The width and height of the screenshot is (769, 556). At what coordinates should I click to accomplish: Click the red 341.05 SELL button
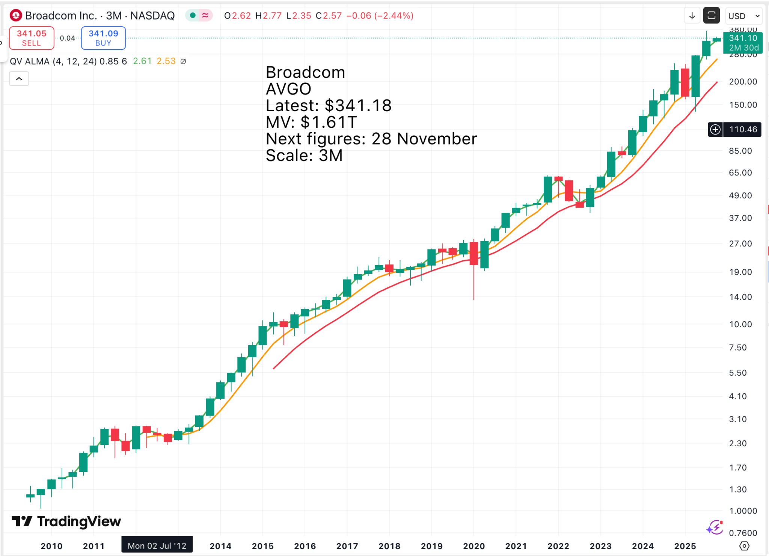[x=32, y=38]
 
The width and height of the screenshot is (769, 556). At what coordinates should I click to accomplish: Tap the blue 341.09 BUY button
[x=103, y=38]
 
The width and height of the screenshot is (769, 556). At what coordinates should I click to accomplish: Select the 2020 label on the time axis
[x=474, y=546]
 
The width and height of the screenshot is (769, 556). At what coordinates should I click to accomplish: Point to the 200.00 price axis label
[x=743, y=82]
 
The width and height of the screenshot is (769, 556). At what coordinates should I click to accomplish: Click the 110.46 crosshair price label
[x=743, y=130]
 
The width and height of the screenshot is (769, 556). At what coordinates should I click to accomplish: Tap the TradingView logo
[x=66, y=521]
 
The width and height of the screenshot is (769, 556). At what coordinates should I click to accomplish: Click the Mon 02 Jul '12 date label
[x=157, y=545]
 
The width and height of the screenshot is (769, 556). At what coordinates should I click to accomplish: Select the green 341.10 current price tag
[x=743, y=42]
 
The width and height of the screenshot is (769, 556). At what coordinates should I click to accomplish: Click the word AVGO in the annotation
[x=288, y=89]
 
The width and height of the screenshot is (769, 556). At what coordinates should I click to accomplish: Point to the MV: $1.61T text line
[x=311, y=122]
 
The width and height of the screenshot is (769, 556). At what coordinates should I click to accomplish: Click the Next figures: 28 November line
[x=371, y=139]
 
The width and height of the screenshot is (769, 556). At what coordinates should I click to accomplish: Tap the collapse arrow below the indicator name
[x=19, y=79]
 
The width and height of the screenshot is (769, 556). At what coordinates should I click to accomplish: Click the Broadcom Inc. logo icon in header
[x=16, y=16]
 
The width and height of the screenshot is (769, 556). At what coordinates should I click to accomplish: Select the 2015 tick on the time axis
[x=263, y=546]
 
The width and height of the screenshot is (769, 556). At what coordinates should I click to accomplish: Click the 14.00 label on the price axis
[x=740, y=297]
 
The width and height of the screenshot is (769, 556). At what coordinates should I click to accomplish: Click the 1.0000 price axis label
[x=743, y=511]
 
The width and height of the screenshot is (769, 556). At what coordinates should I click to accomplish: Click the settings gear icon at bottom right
[x=744, y=546]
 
